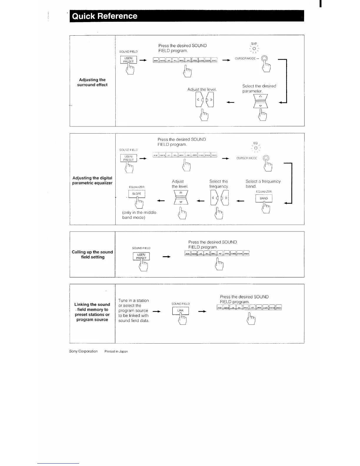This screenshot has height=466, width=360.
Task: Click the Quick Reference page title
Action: (x=105, y=16)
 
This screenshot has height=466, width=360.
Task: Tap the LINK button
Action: (x=180, y=311)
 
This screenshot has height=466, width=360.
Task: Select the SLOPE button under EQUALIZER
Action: (x=137, y=194)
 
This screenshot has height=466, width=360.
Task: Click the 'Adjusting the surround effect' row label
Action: (x=92, y=82)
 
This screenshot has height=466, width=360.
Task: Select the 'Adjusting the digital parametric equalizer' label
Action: (x=92, y=180)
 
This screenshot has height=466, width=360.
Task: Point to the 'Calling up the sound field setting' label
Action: (x=92, y=254)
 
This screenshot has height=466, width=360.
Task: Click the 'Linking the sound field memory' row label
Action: (x=92, y=312)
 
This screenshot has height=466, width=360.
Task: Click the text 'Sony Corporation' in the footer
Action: (x=83, y=351)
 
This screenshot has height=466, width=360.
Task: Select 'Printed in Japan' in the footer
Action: (x=116, y=351)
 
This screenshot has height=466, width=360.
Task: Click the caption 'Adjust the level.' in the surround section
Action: (x=202, y=89)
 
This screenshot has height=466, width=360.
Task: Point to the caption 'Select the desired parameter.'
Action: (x=259, y=89)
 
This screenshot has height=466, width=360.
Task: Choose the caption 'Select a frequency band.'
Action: (x=263, y=184)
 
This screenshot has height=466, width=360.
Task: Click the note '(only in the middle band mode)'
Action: (x=139, y=215)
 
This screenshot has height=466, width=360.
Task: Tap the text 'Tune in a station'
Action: (x=134, y=301)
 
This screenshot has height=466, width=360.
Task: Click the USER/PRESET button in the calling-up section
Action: (x=141, y=256)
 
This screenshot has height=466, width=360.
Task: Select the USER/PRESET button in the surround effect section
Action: (x=129, y=60)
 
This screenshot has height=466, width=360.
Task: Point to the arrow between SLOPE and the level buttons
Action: (x=161, y=201)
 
